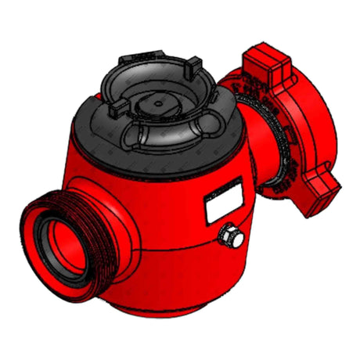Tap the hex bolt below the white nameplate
point(231,234)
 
